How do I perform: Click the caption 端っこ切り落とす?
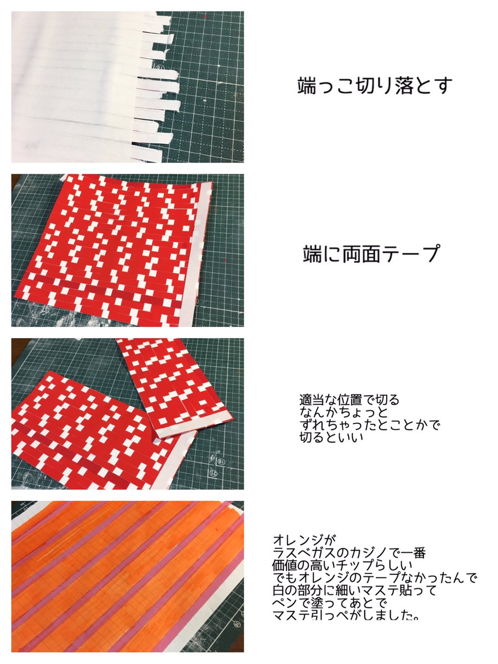point(375,86)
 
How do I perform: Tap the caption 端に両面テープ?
point(371,253)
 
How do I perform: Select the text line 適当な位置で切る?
point(349,400)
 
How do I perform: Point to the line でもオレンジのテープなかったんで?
point(375,578)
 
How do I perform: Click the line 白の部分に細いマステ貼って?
point(355,591)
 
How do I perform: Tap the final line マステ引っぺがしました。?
point(345,616)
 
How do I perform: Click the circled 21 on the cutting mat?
point(212,473)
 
